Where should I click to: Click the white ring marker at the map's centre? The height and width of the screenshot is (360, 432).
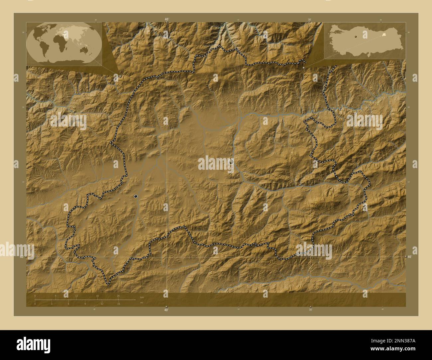(x=231, y=162)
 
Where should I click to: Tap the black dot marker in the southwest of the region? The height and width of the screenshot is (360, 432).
(x=136, y=196)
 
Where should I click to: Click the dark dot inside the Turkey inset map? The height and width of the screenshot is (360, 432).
(x=356, y=37)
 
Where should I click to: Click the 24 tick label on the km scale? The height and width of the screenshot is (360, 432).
(x=118, y=296)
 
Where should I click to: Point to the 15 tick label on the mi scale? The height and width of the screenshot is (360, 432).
(x=118, y=304)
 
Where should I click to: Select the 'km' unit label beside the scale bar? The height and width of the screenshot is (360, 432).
(x=142, y=297)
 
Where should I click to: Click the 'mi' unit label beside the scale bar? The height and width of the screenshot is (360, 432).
(x=142, y=302)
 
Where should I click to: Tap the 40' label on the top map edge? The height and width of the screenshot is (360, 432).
(x=166, y=20)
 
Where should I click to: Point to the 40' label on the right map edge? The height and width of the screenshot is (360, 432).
(x=409, y=257)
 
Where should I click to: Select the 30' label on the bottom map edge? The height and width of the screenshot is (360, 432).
(x=310, y=310)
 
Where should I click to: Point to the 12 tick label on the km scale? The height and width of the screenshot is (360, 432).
(x=76, y=296)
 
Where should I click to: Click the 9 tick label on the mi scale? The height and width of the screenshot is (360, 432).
(x=85, y=304)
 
